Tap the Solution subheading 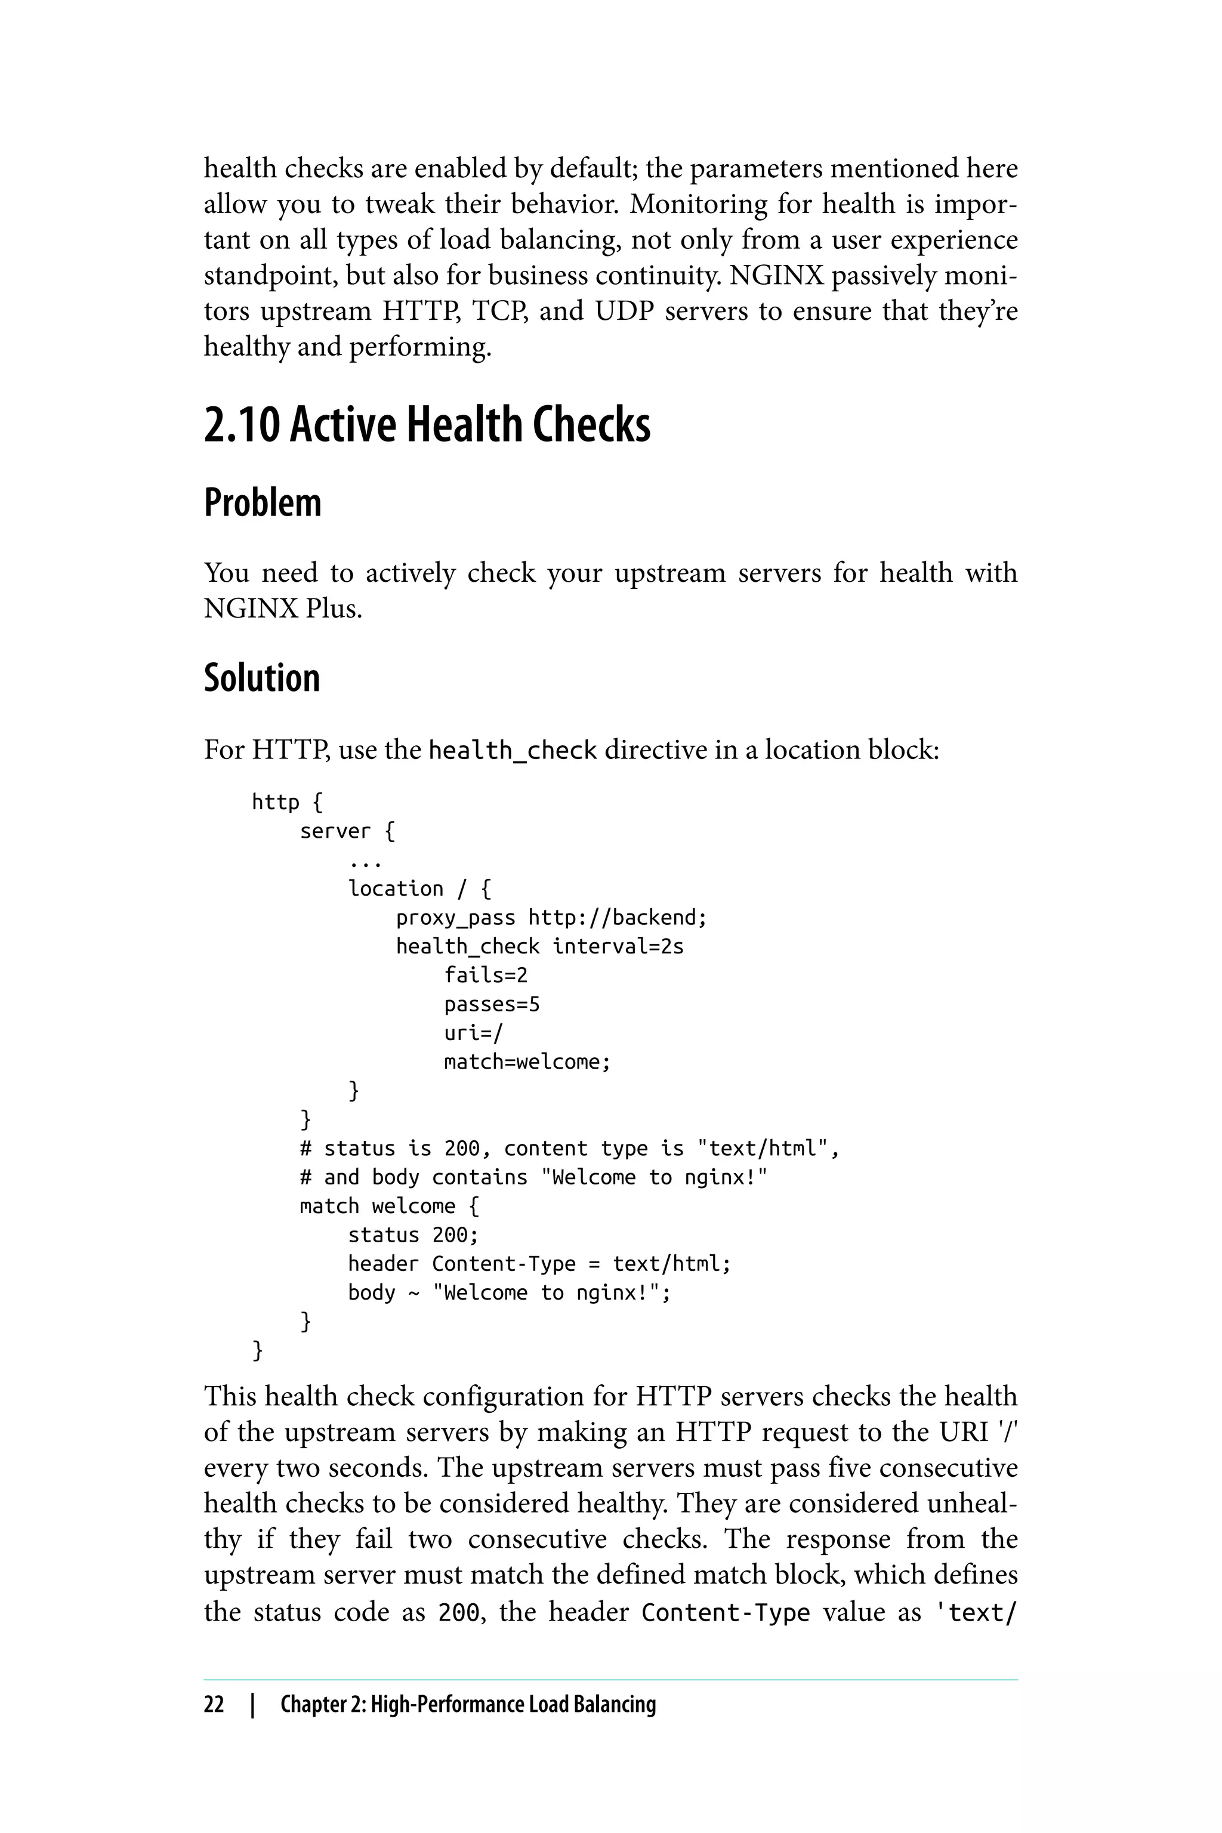pyautogui.click(x=261, y=678)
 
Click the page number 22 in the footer pyautogui.click(x=214, y=1704)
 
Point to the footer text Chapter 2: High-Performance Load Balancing pyautogui.click(x=468, y=1704)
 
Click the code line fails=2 pyautogui.click(x=486, y=975)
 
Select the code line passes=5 pyautogui.click(x=491, y=1004)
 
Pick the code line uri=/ pyautogui.click(x=474, y=1033)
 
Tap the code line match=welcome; pyautogui.click(x=527, y=1061)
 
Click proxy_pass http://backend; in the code pyautogui.click(x=551, y=917)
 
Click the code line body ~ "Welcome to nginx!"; pyautogui.click(x=509, y=1293)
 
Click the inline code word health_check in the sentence pyautogui.click(x=512, y=751)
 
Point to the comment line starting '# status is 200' pyautogui.click(x=570, y=1149)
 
